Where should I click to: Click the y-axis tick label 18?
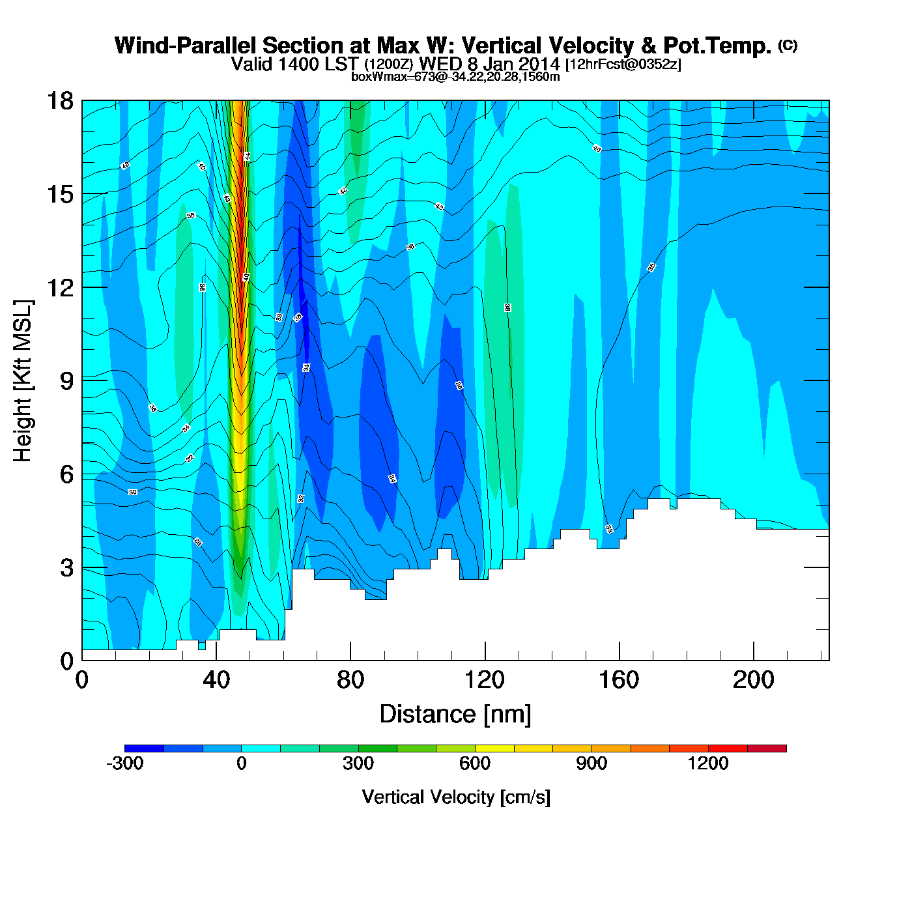59,101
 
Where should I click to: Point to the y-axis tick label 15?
59,194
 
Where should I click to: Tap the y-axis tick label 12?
59,287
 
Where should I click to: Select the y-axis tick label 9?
66,381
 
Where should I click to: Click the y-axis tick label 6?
66,474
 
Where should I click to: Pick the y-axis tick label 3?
66,567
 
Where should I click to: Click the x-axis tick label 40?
216,680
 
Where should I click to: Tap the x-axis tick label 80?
350,680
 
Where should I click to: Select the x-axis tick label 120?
485,680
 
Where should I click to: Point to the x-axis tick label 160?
619,680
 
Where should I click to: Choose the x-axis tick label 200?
754,680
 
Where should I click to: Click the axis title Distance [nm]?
455,715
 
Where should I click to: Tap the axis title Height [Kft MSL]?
23,381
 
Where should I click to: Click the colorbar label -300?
124,763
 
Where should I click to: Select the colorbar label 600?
475,763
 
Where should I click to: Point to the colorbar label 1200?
708,763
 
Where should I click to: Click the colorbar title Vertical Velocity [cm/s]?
456,797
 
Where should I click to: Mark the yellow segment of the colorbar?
494,748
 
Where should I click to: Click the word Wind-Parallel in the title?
186,46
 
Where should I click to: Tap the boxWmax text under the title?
455,77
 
